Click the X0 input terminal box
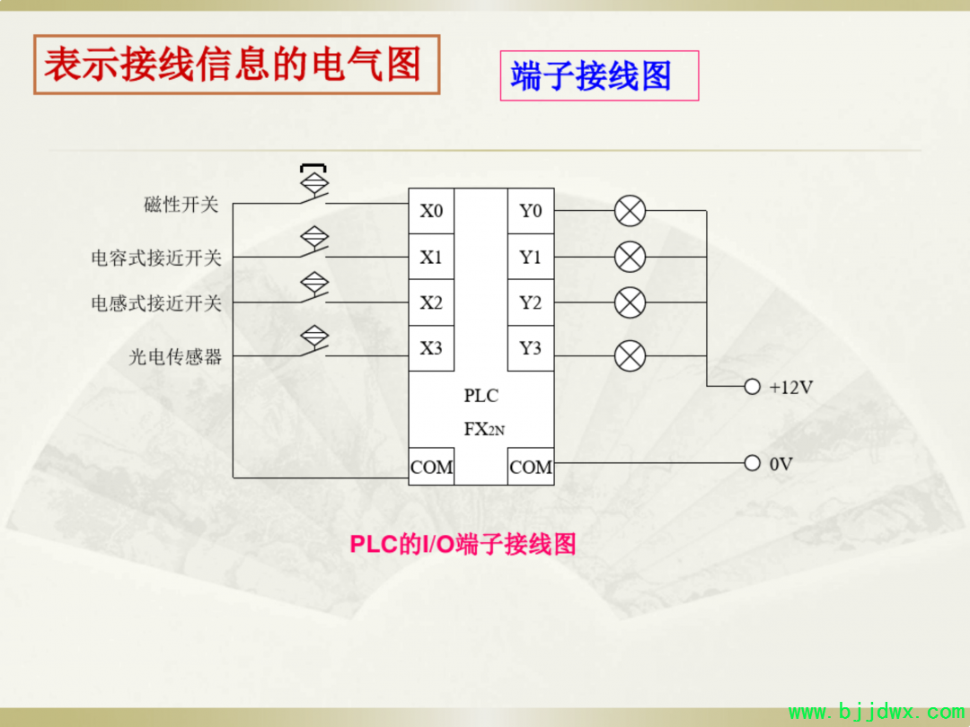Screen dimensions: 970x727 point(431,211)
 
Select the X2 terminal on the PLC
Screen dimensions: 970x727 point(431,302)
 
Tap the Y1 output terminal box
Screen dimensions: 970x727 point(531,257)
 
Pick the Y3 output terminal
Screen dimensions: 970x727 point(531,348)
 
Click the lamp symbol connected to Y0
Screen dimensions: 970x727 point(630,211)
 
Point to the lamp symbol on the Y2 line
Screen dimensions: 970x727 point(630,302)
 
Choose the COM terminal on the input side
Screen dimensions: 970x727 point(431,467)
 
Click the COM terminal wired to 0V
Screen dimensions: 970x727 point(531,467)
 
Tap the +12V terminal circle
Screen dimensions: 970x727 point(753,387)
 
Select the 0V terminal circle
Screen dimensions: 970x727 point(753,463)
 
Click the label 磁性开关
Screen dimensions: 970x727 point(181,204)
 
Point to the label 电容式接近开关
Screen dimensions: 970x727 point(156,258)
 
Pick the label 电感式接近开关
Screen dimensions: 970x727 point(156,303)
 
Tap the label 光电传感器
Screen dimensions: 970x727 point(175,356)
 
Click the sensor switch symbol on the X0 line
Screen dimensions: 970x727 point(314,185)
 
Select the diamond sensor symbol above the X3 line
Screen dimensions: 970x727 point(314,336)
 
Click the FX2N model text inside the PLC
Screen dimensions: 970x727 point(484,429)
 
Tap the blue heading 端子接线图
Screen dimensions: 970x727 point(591,76)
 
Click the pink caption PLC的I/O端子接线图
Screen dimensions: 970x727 point(463,544)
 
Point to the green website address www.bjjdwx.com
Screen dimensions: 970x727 point(877,712)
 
